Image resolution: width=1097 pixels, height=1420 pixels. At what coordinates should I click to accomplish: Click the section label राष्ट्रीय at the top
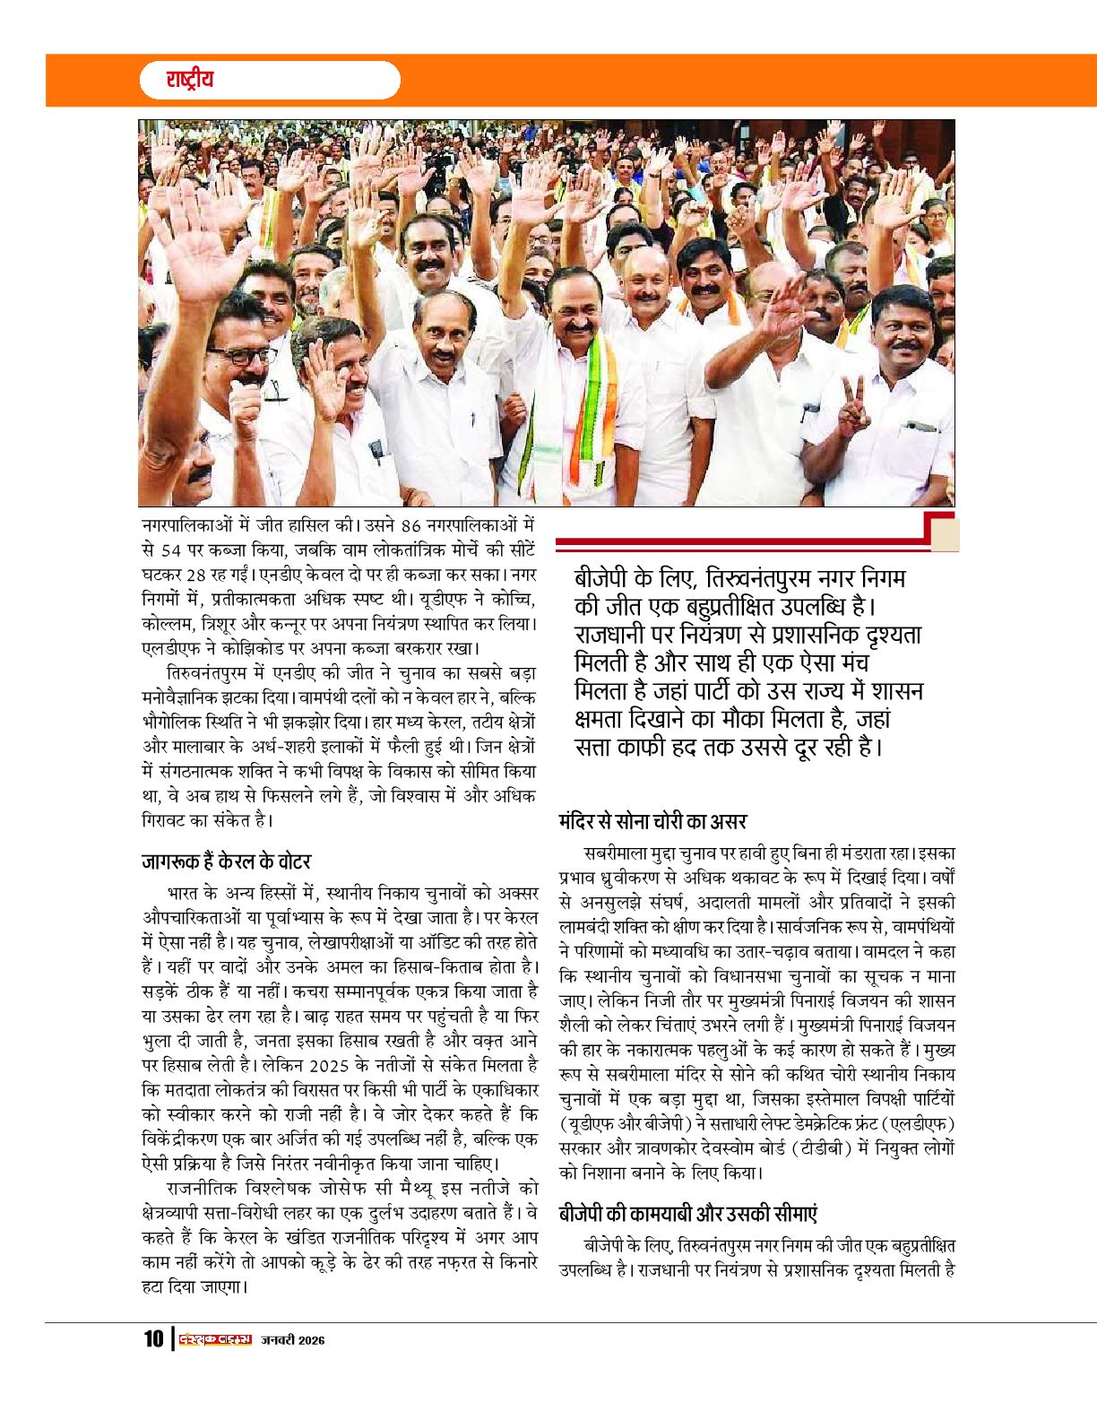click(190, 80)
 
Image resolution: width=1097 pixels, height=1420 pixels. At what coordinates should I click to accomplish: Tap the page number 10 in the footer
click(153, 1339)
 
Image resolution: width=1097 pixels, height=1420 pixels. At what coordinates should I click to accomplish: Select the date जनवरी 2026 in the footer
click(293, 1340)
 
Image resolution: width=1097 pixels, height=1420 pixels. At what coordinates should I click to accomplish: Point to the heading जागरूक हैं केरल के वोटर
click(226, 862)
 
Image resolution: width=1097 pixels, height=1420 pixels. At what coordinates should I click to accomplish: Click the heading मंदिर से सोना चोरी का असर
click(652, 821)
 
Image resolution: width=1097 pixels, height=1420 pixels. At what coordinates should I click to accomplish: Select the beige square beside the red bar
click(945, 535)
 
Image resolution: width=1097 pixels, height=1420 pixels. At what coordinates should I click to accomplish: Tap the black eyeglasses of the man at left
click(240, 355)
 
